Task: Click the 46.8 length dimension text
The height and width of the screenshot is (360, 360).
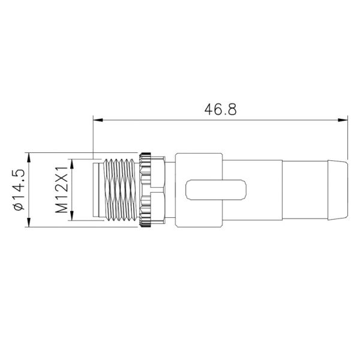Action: pyautogui.click(x=221, y=110)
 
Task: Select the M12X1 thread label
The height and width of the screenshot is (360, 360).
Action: pyautogui.click(x=61, y=190)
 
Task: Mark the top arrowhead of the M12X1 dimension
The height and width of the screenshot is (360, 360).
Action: pyautogui.click(x=72, y=163)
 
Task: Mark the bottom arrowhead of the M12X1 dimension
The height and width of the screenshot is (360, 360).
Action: pyautogui.click(x=72, y=217)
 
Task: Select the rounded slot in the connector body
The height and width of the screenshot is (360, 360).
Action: pyautogui.click(x=215, y=190)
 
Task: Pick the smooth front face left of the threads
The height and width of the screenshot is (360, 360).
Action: pyautogui.click(x=98, y=190)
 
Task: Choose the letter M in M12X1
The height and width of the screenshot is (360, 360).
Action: pyautogui.click(x=61, y=207)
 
